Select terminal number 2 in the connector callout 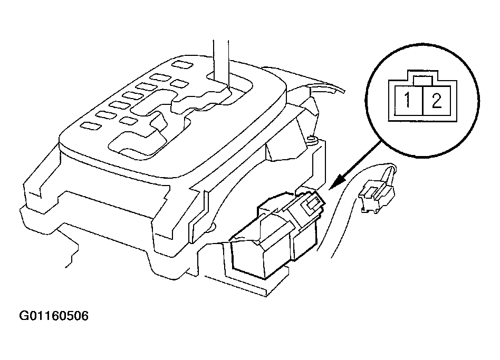436,101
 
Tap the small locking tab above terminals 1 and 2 423,80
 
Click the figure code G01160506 54,317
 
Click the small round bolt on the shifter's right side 311,140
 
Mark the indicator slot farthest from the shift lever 92,125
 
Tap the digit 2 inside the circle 436,101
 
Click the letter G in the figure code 24,317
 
